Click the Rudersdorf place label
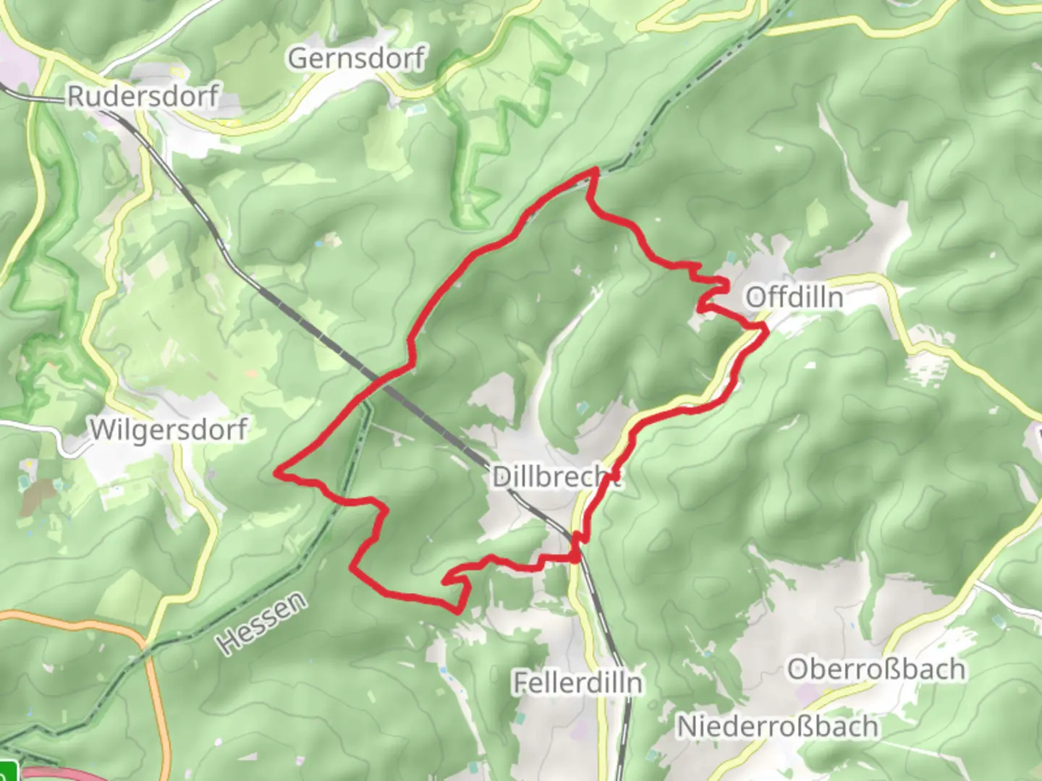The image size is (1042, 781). point(143,96)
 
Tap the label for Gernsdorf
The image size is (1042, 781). point(356,59)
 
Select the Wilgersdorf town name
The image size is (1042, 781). point(169,430)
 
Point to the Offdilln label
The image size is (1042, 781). point(794,296)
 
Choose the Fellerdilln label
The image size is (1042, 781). point(577,682)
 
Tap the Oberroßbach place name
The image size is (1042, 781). point(876,669)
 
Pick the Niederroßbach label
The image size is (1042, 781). point(777,726)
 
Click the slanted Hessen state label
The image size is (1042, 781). point(261,623)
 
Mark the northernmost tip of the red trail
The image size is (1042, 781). point(596,171)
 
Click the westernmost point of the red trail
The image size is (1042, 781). point(276,473)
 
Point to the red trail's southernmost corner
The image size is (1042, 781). point(458,611)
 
